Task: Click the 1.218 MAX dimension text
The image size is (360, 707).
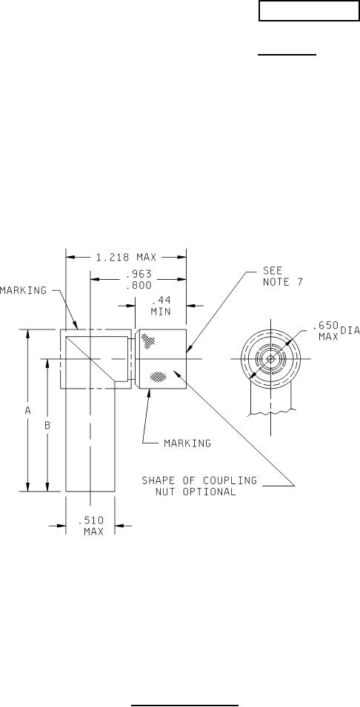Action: tap(126, 258)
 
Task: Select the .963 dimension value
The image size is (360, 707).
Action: tap(139, 274)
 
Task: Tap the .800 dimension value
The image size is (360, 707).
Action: tap(139, 286)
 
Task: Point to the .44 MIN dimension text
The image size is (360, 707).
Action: tap(161, 305)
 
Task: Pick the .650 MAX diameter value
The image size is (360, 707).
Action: tap(325, 330)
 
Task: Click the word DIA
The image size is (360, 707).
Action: tap(350, 330)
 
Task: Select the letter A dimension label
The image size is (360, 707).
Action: tap(27, 410)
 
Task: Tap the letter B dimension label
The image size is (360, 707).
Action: tap(47, 425)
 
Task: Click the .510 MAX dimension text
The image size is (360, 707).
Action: tap(91, 526)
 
